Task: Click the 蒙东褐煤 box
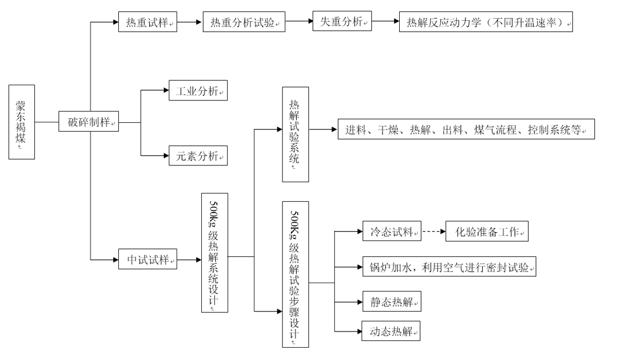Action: click(x=22, y=122)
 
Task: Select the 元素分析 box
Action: click(x=198, y=156)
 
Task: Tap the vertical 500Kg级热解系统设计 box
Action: click(x=215, y=252)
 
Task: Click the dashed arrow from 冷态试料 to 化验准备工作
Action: click(x=433, y=232)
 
